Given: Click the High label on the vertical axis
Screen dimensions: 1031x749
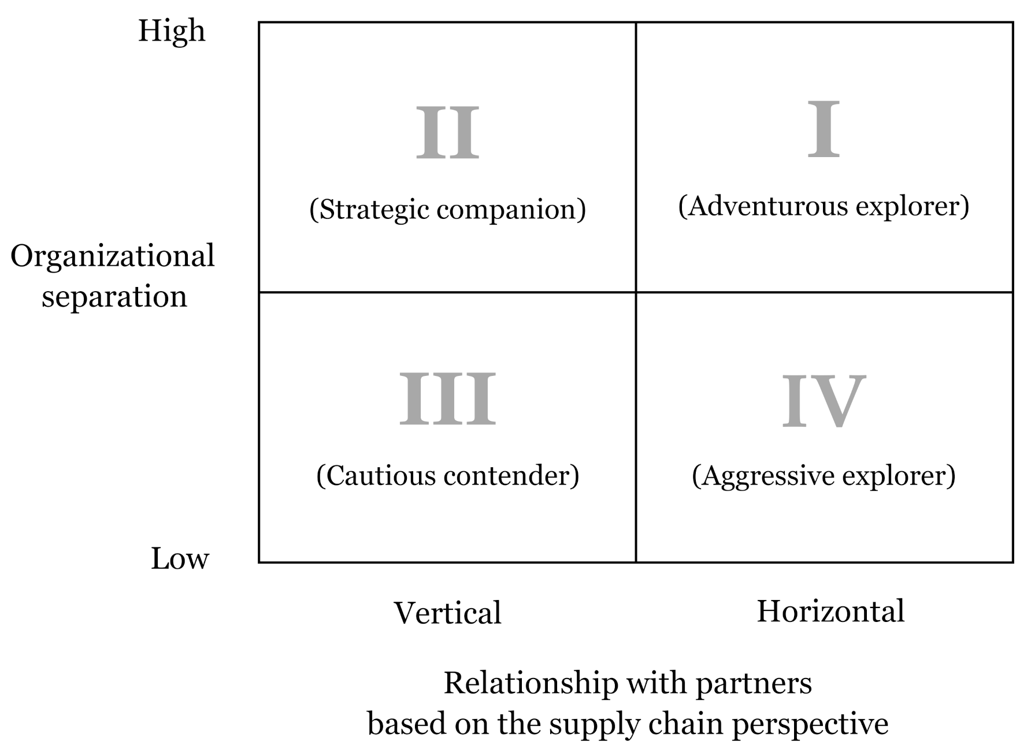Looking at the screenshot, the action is [172, 31].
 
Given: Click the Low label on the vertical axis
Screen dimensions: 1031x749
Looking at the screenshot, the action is [180, 558].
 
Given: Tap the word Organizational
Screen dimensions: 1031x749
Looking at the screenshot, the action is [113, 256].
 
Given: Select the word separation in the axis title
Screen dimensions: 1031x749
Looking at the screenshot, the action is [114, 297].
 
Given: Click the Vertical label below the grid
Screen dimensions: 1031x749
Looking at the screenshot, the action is [447, 613].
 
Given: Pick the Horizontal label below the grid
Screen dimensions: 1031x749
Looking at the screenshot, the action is [830, 611].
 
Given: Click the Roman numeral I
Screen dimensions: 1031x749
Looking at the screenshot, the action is [823, 129].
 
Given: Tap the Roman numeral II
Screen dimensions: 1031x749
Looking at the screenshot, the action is [448, 133].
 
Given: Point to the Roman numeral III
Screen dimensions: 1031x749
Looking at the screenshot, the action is [448, 398].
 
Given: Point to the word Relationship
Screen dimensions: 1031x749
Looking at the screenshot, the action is [531, 683].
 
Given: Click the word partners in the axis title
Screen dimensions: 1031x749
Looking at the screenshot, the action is [754, 683].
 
